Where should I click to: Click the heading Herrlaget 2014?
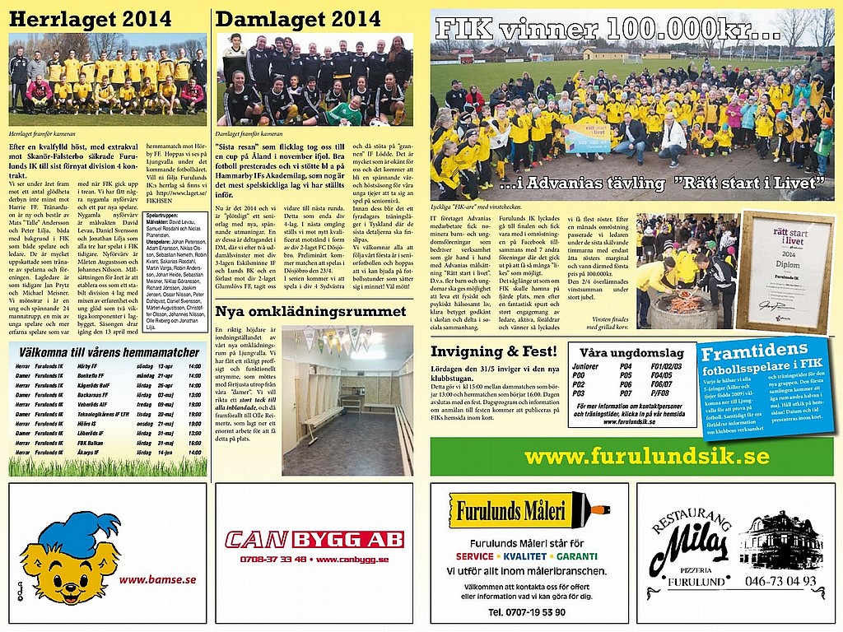(x=91, y=20)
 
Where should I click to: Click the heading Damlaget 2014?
(x=298, y=20)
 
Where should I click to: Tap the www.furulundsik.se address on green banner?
(x=646, y=457)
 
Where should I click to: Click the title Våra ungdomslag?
(x=631, y=353)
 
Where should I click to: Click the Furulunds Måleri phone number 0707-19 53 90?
(x=526, y=613)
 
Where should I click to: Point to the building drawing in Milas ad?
(x=780, y=540)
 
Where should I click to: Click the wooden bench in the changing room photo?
(x=323, y=421)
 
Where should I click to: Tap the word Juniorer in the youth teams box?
(x=585, y=366)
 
